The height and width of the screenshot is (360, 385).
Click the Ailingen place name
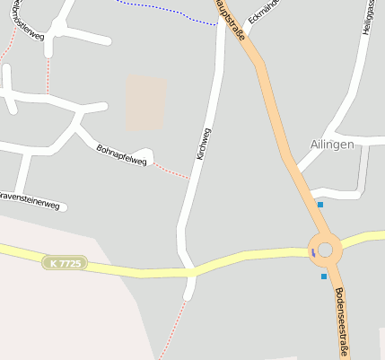tap(332, 144)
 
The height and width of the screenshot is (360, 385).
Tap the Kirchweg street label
tap(204, 144)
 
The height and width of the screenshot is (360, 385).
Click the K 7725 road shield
tap(66, 263)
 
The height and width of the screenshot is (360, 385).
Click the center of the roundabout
tap(325, 249)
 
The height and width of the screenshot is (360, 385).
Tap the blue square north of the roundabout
tap(320, 205)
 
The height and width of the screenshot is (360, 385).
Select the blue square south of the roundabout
tap(324, 277)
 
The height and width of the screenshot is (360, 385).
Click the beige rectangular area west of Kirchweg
tap(145, 102)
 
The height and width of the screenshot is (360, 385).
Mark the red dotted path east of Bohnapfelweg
tap(171, 170)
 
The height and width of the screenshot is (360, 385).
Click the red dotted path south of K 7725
tap(178, 328)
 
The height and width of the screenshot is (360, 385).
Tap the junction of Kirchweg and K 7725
tap(190, 269)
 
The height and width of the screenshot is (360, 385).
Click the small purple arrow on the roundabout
tap(313, 252)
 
